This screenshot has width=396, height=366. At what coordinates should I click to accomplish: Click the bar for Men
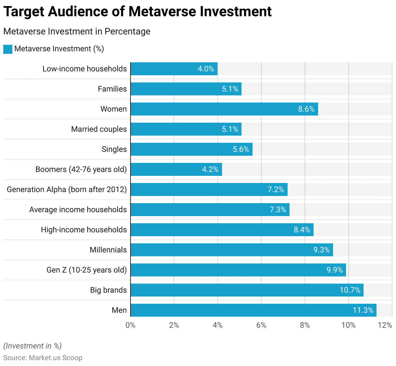[x=253, y=310]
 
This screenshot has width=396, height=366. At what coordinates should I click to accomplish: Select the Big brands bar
[x=247, y=290]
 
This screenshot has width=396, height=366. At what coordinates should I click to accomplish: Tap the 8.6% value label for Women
[x=306, y=109]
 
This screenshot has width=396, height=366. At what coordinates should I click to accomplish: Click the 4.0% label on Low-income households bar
[x=206, y=69]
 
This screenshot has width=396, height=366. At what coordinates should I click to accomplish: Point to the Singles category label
[x=114, y=149]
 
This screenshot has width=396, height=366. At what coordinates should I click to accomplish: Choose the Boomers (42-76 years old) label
[x=81, y=169]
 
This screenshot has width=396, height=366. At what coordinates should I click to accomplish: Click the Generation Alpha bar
[x=209, y=189]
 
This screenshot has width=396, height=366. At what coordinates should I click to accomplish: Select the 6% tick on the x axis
[x=261, y=325]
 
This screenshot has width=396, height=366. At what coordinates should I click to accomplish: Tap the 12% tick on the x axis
[x=385, y=325]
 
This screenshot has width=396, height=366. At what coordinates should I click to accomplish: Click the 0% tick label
[x=130, y=325]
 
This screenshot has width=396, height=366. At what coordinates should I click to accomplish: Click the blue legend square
[x=8, y=49]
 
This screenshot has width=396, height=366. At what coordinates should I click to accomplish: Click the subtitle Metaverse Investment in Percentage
[x=77, y=31]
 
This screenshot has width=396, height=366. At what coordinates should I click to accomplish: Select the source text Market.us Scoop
[x=56, y=358]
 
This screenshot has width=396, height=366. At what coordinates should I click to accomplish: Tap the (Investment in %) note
[x=32, y=346]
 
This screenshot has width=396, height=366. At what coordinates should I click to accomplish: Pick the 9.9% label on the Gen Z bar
[x=334, y=270]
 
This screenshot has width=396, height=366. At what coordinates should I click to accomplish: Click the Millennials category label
[x=108, y=250]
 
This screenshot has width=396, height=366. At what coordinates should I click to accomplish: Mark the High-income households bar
[x=222, y=230]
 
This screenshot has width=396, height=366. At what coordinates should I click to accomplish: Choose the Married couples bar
[x=186, y=129]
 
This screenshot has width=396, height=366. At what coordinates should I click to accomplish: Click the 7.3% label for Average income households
[x=278, y=210]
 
